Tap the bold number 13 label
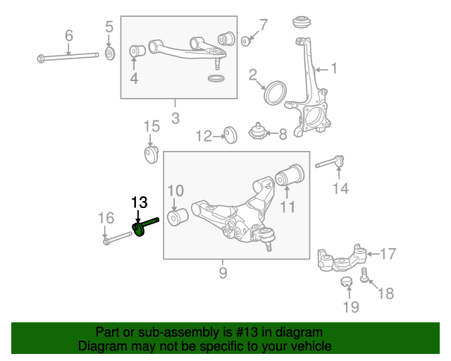[140, 202]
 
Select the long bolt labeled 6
[68, 56]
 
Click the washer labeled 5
[110, 54]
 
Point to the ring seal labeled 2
[276, 92]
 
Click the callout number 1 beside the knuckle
[333, 68]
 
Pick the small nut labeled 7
[245, 41]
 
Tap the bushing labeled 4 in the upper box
[137, 51]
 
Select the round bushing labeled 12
[230, 135]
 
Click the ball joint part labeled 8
[257, 132]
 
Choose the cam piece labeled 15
[151, 154]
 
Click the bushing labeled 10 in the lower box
[177, 217]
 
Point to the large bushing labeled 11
[290, 175]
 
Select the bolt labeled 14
[330, 161]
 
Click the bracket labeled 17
[342, 259]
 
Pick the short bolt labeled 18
[364, 275]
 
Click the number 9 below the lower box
[223, 273]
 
